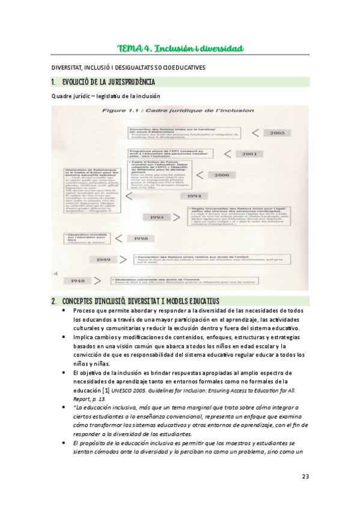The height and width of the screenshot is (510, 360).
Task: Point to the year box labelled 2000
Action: (x=222, y=175)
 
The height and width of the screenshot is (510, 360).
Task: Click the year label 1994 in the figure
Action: (x=194, y=195)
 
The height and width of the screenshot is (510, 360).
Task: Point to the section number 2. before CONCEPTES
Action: (x=54, y=300)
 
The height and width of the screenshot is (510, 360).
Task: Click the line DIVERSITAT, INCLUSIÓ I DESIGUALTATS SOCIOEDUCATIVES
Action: (x=128, y=67)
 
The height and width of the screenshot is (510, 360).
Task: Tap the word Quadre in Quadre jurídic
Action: (x=62, y=96)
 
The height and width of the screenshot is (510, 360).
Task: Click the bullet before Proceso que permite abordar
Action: (x=64, y=310)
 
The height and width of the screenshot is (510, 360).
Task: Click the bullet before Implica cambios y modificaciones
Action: (x=64, y=338)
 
